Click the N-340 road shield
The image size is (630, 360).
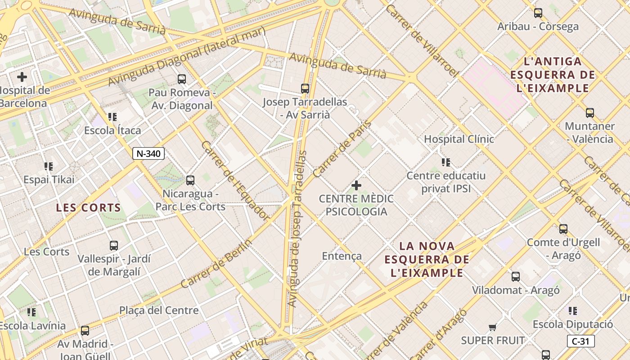tap(148, 153)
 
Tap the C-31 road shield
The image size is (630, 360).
tap(580, 341)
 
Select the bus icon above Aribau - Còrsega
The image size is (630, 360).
tap(538, 13)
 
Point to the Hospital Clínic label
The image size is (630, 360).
tap(459, 139)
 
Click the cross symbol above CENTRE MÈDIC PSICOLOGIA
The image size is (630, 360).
tap(356, 185)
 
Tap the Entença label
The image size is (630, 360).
tap(342, 256)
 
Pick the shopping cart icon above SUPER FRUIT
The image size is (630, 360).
tap(493, 327)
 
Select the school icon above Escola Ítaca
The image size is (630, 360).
tap(112, 117)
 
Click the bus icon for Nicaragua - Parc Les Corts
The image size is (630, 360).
tap(190, 180)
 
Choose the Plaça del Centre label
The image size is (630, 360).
tap(158, 310)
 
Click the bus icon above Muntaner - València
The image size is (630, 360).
tap(589, 113)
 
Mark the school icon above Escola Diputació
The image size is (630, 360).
tap(572, 310)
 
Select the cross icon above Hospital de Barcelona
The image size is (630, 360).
tap(22, 77)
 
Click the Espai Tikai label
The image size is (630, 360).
tap(49, 180)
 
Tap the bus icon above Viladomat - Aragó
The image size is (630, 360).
tap(516, 277)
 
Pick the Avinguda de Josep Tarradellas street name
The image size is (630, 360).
tap(297, 229)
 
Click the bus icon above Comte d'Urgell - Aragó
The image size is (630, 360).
tap(563, 229)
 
